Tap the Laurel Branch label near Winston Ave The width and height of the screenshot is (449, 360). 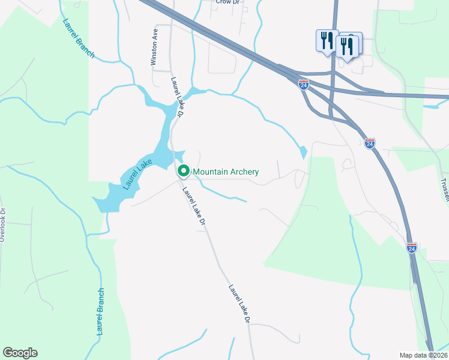[x=79, y=38]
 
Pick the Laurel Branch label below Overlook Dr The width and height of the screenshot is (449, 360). [x=101, y=311]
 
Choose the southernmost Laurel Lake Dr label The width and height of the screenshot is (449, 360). [x=238, y=305]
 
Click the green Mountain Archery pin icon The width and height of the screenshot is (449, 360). [x=184, y=171]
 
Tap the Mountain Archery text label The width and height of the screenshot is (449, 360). [x=226, y=172]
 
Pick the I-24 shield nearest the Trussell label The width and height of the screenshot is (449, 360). [x=369, y=143]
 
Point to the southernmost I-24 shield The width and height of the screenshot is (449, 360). [x=411, y=248]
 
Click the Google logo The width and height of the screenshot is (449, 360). [x=20, y=353]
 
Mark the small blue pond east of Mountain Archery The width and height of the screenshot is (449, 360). [x=303, y=152]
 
